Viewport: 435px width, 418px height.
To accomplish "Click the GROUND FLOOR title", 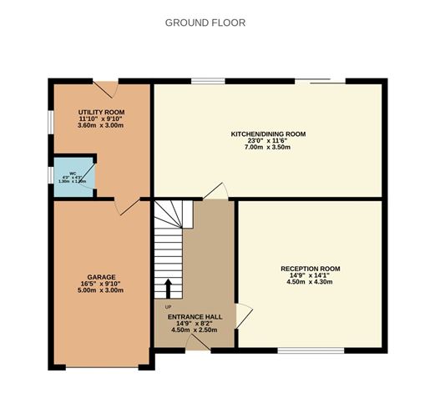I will click(205, 23).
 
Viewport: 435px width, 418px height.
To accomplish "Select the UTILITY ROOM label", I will click(101, 111).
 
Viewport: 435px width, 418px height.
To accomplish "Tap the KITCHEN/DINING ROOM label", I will click(268, 133).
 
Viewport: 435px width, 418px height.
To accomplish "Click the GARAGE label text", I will click(101, 276).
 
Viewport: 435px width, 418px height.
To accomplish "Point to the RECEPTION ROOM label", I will click(310, 269).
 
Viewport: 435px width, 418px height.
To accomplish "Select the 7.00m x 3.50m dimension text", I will click(268, 147).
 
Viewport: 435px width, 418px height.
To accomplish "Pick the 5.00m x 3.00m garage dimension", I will click(101, 290).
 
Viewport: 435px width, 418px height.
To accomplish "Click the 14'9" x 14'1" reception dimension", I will click(310, 275).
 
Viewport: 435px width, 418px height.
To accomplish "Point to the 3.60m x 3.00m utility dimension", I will click(101, 125).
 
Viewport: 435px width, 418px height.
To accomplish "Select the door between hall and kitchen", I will click(215, 191).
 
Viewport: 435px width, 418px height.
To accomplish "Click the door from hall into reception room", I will click(243, 315).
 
